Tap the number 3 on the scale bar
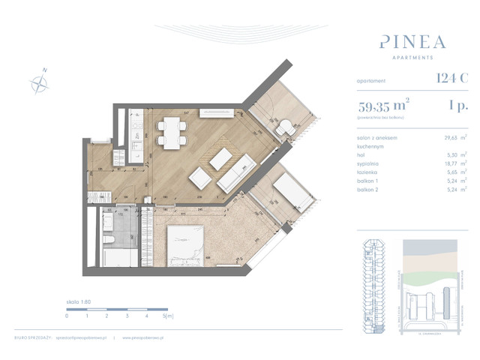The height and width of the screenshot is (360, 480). [128, 316]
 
